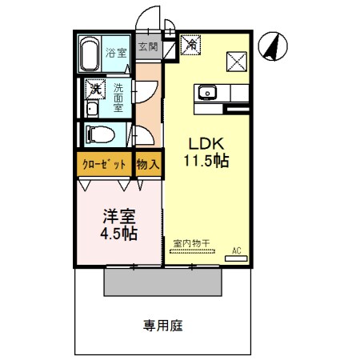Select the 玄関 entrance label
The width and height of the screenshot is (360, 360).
click(x=148, y=46)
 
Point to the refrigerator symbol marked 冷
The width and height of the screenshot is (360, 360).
click(x=191, y=46)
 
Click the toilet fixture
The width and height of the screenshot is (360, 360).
click(x=99, y=134)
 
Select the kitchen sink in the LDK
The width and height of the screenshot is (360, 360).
click(x=207, y=93)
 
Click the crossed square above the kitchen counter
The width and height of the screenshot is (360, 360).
click(x=237, y=60)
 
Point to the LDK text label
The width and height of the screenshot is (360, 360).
click(x=206, y=143)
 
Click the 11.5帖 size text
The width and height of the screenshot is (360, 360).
click(x=206, y=162)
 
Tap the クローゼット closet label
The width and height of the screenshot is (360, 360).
click(x=104, y=165)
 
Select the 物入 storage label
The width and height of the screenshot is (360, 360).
click(x=148, y=165)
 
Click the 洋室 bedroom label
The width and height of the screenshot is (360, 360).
click(x=118, y=215)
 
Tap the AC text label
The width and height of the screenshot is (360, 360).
click(x=236, y=250)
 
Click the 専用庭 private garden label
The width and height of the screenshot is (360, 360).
click(x=163, y=326)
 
